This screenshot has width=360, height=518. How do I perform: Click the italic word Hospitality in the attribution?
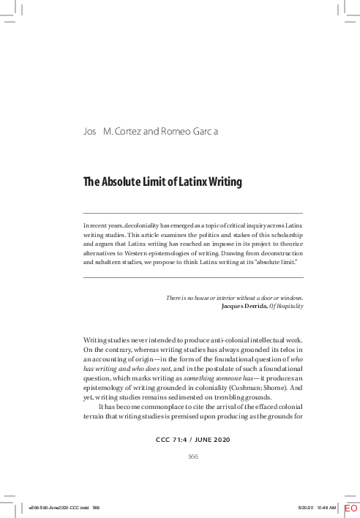click(x=289, y=306)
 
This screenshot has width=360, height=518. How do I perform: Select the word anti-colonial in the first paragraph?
click(x=220, y=340)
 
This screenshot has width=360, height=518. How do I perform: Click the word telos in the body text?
click(x=285, y=350)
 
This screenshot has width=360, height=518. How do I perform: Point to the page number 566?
click(x=193, y=456)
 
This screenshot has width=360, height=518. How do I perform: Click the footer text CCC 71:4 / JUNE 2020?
click(x=193, y=440)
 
